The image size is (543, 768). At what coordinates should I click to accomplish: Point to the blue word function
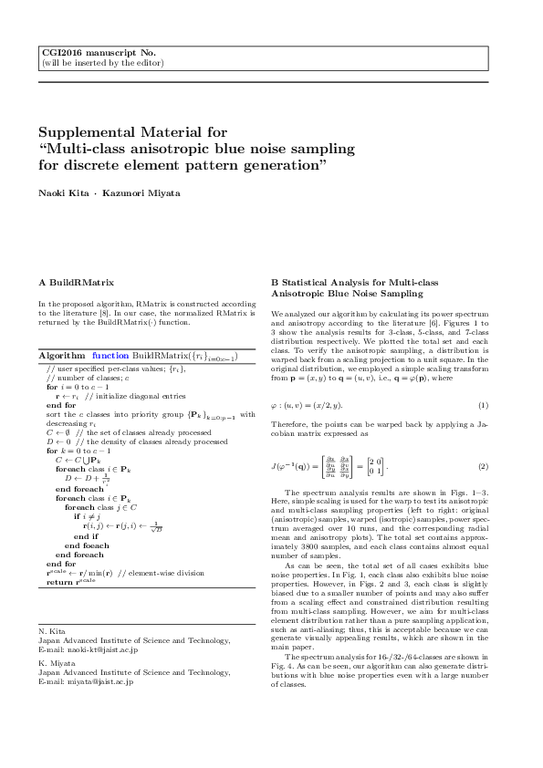point(110,354)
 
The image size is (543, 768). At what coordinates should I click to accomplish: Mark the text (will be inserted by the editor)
point(102,63)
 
